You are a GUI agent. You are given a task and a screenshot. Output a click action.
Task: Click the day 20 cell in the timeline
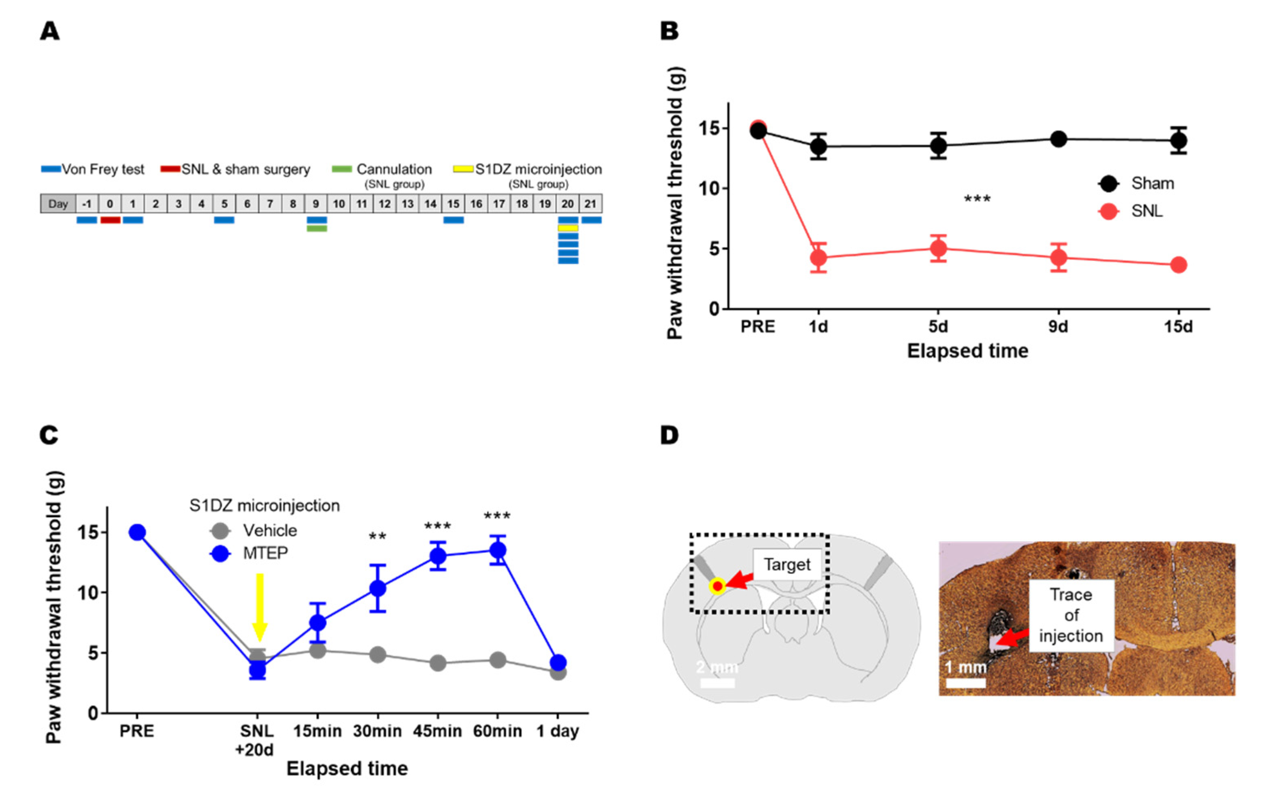click(568, 203)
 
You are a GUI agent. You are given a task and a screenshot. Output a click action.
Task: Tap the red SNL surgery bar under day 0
click(110, 220)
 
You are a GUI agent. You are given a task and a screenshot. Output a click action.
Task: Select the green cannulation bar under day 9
click(317, 228)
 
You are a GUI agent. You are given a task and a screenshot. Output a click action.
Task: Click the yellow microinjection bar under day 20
click(568, 228)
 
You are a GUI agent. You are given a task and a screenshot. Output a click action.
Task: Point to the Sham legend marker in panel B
click(1108, 183)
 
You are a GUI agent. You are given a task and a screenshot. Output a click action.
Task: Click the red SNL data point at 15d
click(1178, 264)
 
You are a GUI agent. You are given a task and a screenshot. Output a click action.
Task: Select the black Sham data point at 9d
click(1058, 139)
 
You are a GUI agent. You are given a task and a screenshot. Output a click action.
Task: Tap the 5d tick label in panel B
click(938, 326)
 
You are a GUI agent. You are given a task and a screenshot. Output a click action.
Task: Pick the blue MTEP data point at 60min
click(497, 550)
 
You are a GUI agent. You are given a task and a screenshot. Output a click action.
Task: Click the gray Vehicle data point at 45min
click(438, 663)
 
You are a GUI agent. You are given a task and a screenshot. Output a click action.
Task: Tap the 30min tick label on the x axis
click(377, 731)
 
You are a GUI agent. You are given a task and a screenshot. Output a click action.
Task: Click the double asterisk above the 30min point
click(377, 537)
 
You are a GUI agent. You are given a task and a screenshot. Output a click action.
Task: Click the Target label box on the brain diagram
click(787, 564)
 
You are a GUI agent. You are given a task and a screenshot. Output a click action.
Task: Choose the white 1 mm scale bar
click(965, 683)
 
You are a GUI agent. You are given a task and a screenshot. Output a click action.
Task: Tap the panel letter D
click(669, 435)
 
